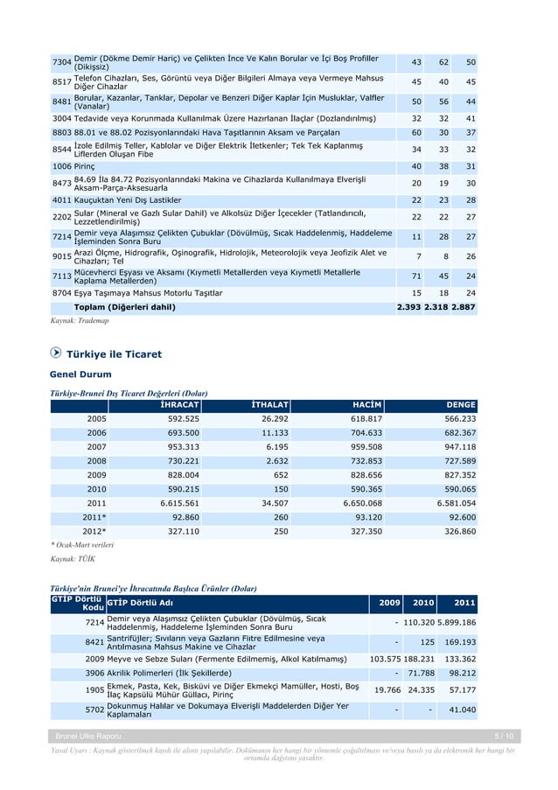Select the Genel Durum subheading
[x=81, y=374]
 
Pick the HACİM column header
[x=366, y=405]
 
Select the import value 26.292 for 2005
[x=273, y=419]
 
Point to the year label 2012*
[x=94, y=531]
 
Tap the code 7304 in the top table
[x=61, y=63]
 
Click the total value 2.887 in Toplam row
[x=463, y=307]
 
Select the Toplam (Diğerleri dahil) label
[x=124, y=307]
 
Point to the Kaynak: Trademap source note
[x=79, y=322]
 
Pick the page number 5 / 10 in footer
[x=503, y=737]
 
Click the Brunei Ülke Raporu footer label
[x=88, y=737]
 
